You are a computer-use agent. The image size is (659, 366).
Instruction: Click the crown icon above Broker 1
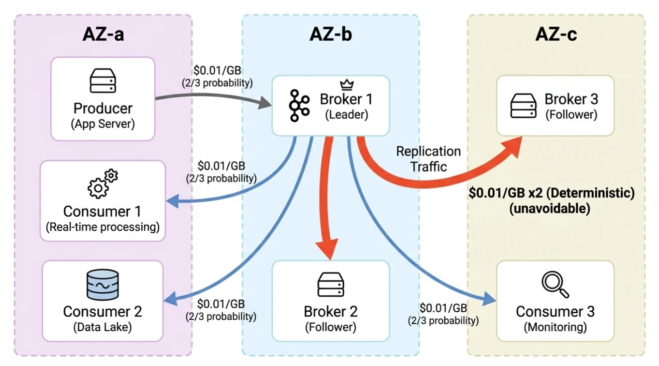[x=345, y=84]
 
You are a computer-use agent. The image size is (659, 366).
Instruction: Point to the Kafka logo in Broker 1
[x=300, y=106]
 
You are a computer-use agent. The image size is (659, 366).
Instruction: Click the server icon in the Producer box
[x=102, y=81]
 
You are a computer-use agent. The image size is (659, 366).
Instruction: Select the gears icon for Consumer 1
[x=102, y=184]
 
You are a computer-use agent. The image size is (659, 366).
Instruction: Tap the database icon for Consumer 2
[x=102, y=285]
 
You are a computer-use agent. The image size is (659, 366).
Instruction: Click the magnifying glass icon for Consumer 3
[x=555, y=285]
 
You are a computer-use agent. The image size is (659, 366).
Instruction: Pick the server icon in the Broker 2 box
[x=331, y=285]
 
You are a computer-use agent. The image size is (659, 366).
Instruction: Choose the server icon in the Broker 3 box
[x=523, y=106]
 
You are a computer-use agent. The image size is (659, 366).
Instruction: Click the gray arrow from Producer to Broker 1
[x=211, y=101]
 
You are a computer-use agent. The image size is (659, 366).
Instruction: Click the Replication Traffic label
[x=428, y=159]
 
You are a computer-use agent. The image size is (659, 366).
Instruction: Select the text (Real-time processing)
[x=102, y=227]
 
